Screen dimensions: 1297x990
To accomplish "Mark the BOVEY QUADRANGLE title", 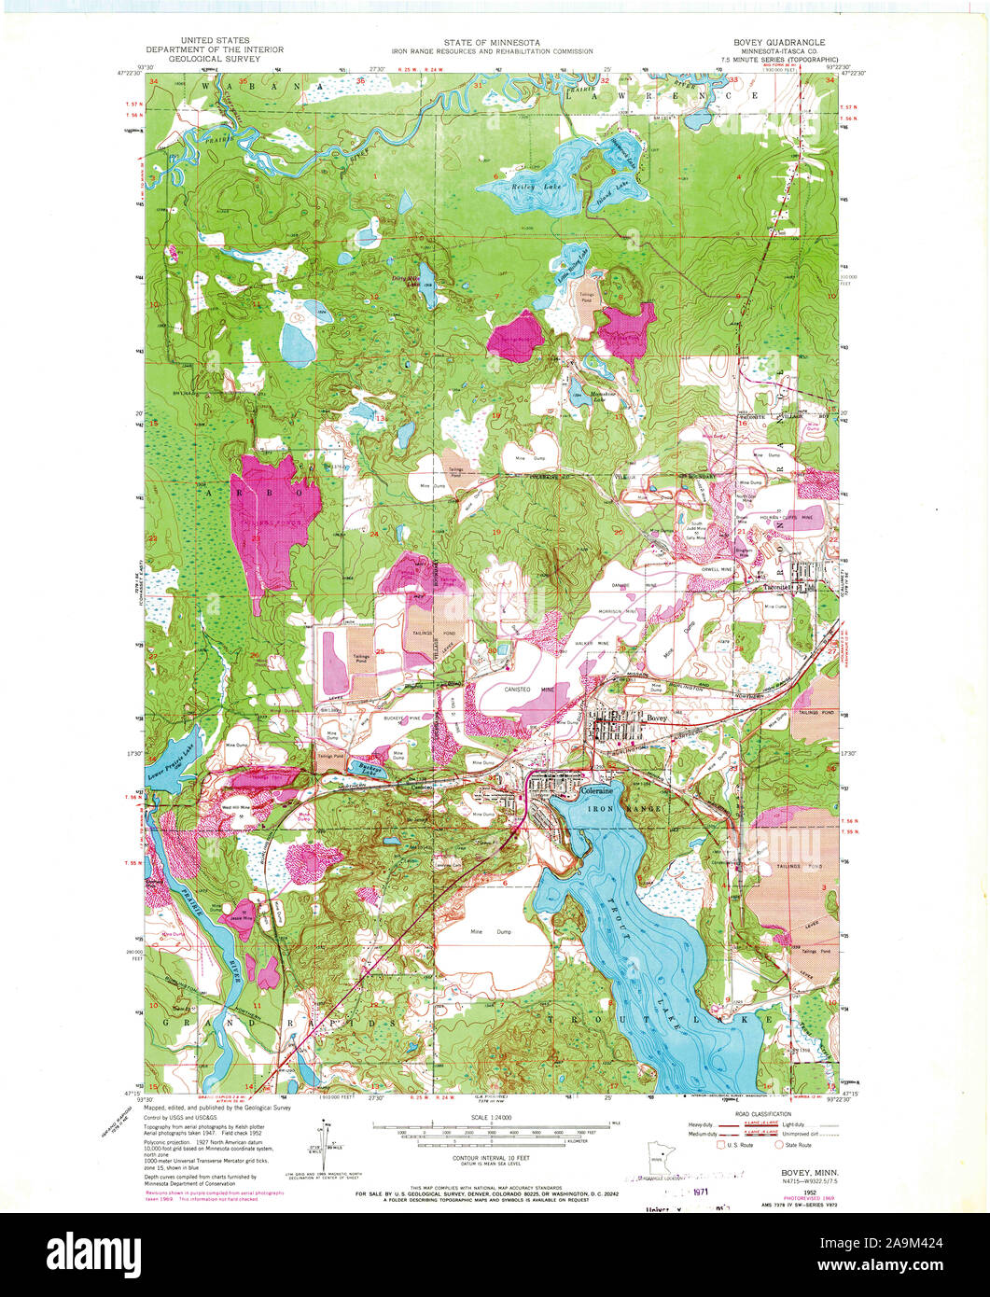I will pos(779,42).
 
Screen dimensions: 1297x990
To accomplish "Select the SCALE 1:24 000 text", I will pos(495,1118).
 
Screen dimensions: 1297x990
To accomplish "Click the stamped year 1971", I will pos(699,1192).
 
